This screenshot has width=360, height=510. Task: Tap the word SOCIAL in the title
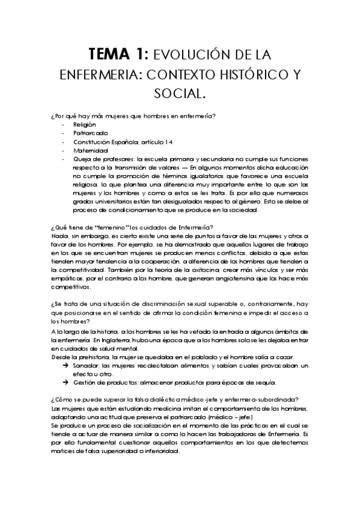pyautogui.click(x=180, y=94)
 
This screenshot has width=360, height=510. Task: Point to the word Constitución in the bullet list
pyautogui.click(x=93, y=142)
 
